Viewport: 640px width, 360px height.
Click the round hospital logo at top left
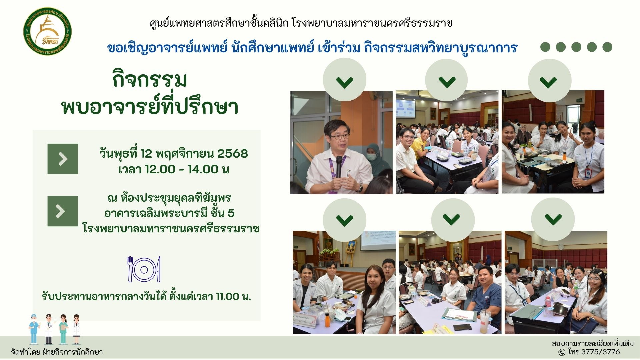coord(47,32)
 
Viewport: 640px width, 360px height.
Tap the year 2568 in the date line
coord(232,154)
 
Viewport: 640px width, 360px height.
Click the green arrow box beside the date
coord(63,159)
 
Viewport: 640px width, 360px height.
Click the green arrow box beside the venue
coord(63,211)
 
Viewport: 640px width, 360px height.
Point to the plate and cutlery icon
coord(144,269)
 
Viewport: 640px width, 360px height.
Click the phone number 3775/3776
coord(600,352)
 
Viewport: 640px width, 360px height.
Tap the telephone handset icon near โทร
coord(562,352)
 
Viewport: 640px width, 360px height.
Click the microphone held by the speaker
coord(339,167)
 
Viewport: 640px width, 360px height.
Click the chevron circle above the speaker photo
coord(344,80)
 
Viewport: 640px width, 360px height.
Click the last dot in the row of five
coord(607,47)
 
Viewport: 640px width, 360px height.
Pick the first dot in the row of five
coord(545,47)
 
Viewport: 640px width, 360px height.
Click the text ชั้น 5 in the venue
coord(222,213)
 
